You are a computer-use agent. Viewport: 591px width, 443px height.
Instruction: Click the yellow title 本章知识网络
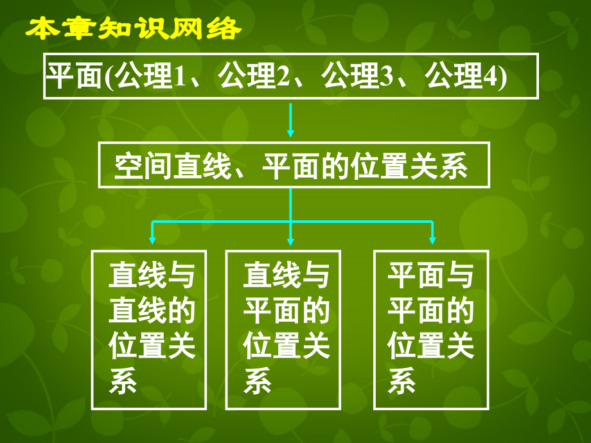(134, 28)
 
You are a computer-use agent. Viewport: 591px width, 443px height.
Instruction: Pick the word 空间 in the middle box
(143, 166)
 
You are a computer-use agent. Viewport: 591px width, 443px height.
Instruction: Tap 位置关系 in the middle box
(410, 166)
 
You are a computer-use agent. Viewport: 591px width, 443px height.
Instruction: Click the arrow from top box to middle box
(290, 120)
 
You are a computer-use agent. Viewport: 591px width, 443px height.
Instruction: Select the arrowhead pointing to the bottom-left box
(152, 240)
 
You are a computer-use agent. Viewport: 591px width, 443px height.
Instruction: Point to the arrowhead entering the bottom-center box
(290, 241)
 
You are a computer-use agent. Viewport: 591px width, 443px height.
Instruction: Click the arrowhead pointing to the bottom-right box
(432, 240)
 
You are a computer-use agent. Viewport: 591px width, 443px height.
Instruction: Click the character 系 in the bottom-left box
(123, 381)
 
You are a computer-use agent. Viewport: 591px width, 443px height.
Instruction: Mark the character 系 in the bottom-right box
(401, 381)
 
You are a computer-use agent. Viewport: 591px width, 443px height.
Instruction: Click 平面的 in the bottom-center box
(287, 310)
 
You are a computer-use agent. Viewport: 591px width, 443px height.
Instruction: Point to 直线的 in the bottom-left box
(152, 310)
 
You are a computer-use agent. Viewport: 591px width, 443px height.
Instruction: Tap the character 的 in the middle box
(335, 166)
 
